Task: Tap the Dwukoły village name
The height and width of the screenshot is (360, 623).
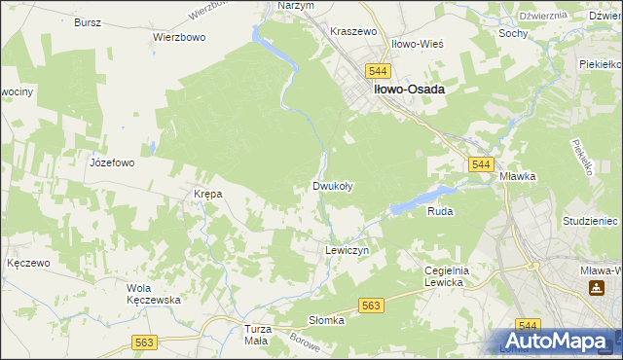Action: coord(332,185)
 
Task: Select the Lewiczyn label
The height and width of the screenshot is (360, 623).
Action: coord(346,250)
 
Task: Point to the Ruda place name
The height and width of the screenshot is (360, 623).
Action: coord(440,210)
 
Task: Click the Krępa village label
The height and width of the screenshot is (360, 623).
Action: coord(208,194)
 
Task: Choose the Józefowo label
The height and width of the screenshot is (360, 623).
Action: coord(111,162)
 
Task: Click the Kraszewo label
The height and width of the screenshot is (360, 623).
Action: coord(353,31)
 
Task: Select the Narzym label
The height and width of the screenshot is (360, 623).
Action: coord(295,6)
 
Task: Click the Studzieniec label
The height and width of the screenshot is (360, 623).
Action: coord(591,222)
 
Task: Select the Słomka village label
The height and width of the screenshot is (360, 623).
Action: coord(327,320)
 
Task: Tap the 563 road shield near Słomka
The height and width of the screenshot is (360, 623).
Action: coord(370,306)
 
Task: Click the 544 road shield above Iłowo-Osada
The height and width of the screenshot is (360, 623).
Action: coord(379,71)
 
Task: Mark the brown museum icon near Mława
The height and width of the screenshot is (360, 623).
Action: coord(595,289)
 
